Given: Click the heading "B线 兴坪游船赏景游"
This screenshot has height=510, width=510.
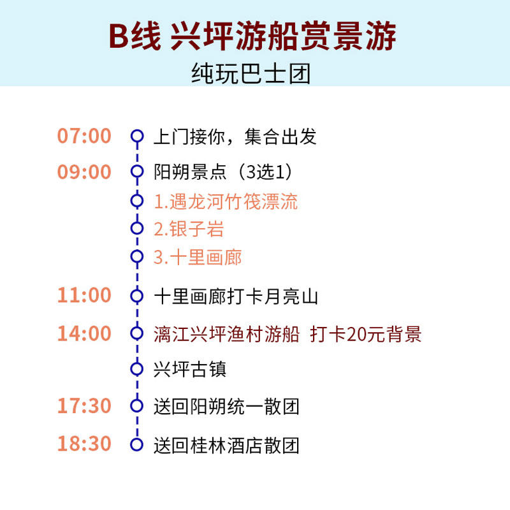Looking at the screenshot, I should pos(253,38).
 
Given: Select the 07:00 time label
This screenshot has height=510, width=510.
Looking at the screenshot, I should pos(84,136).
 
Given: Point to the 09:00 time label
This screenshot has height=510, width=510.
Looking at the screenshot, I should pos(84,172).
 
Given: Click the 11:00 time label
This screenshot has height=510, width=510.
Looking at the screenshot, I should pos(84,295).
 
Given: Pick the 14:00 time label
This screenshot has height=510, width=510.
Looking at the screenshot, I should pos(84,333).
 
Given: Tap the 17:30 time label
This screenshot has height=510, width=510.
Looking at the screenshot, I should pos(84,405).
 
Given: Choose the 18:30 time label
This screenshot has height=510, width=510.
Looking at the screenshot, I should pos(84,444).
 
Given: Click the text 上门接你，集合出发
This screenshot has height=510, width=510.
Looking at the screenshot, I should pos(235,136).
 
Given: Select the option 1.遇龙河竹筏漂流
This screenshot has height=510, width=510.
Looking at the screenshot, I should pos(226,201).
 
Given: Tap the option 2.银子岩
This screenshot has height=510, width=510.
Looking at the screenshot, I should pos(189,229).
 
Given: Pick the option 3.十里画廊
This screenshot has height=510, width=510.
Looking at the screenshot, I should pos(198,258).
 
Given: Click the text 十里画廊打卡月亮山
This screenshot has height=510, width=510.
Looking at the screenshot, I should pos(235,296).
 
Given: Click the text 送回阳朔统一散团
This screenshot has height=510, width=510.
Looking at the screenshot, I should pos(226,406).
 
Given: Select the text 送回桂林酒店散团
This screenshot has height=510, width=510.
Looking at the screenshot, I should pos(226,444).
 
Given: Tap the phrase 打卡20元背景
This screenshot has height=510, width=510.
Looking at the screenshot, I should pos(366,334).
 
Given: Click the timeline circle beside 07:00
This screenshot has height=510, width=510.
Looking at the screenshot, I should pos(136,136).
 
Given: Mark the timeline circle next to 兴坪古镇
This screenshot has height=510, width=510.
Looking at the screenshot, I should pos(136,368).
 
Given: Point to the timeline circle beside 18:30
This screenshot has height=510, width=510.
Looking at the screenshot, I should pos(136,444).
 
